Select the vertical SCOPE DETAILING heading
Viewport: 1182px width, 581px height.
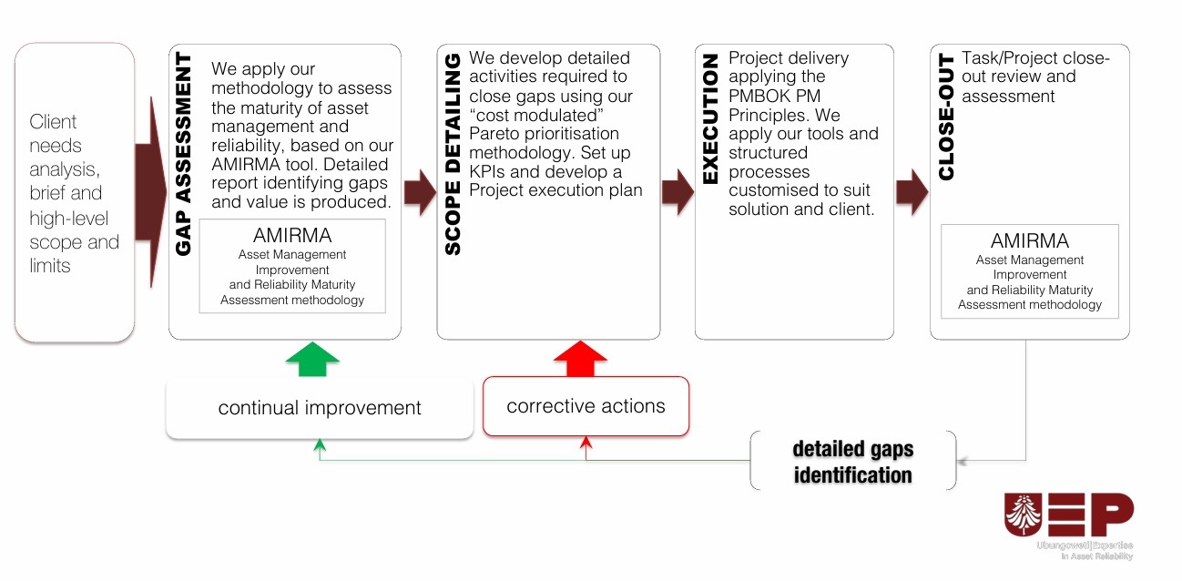pyautogui.click(x=453, y=153)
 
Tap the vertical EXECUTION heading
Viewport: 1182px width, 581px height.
pyautogui.click(x=711, y=118)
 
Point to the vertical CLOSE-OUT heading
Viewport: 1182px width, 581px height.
pyautogui.click(x=946, y=117)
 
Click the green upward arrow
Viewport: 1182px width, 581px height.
pyautogui.click(x=312, y=360)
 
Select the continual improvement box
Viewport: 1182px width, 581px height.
pyautogui.click(x=319, y=408)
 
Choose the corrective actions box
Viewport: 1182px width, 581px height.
pyautogui.click(x=586, y=406)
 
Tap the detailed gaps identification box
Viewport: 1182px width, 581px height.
pyautogui.click(x=852, y=462)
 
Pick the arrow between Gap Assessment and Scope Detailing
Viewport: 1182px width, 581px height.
pyautogui.click(x=420, y=191)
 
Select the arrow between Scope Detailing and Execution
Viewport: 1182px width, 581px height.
pyautogui.click(x=678, y=191)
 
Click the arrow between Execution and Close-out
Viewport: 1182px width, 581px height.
pyautogui.click(x=912, y=191)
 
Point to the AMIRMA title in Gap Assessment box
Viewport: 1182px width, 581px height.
pyautogui.click(x=292, y=236)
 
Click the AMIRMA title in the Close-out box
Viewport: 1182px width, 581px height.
pyautogui.click(x=1030, y=241)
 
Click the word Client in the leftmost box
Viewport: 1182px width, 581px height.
pyautogui.click(x=53, y=122)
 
